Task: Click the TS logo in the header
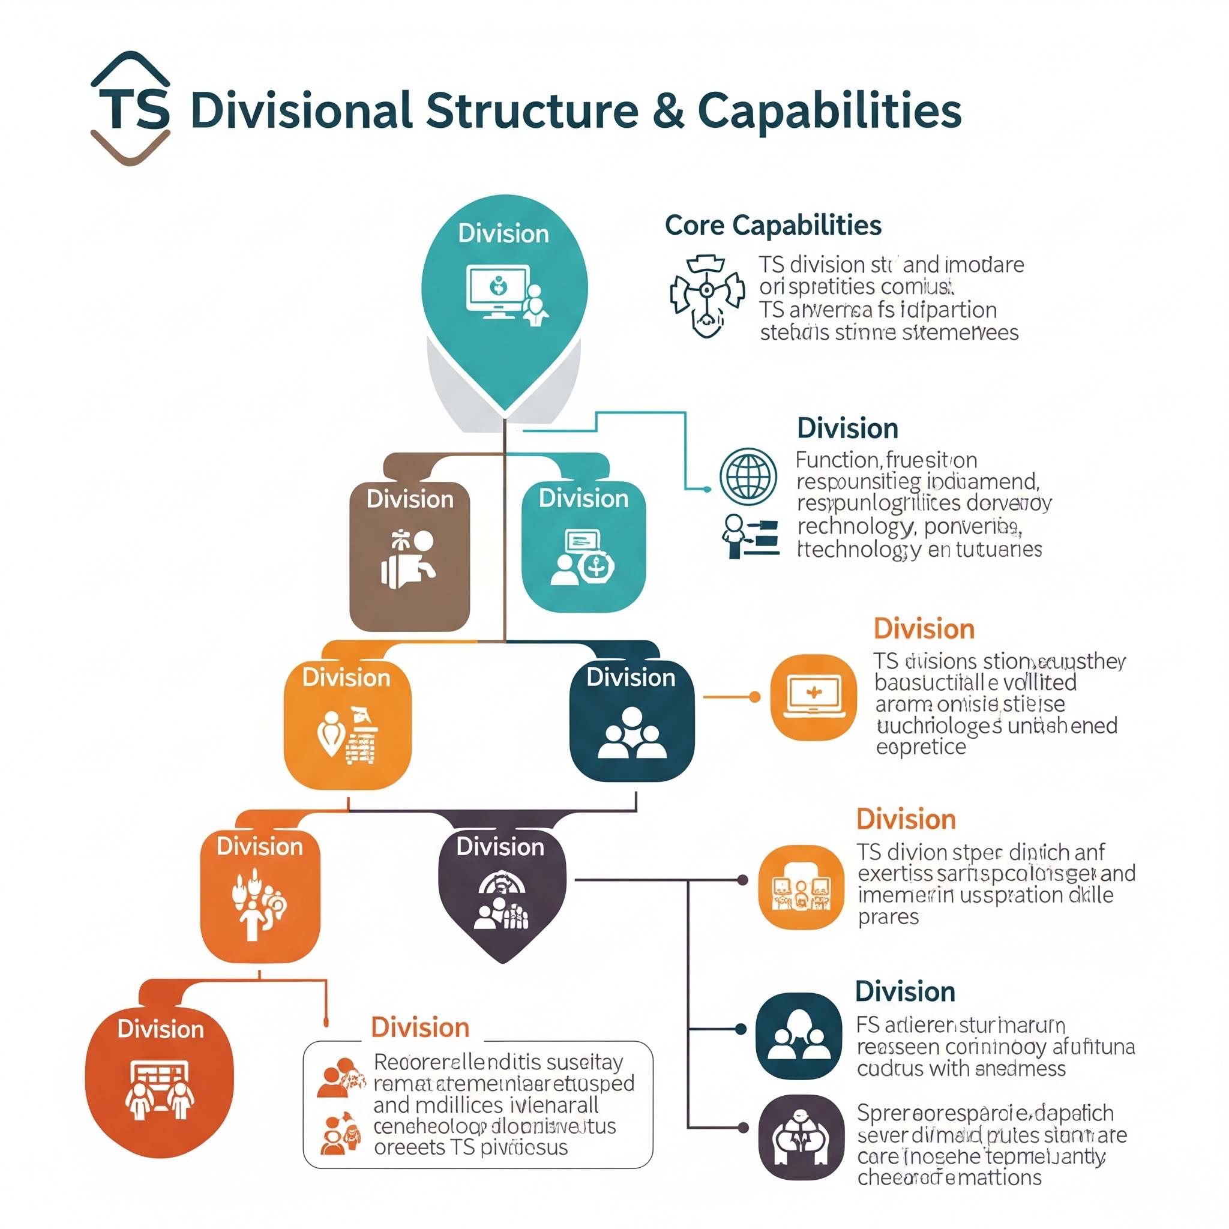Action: point(131,109)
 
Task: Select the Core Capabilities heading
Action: point(773,225)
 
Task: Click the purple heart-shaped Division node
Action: point(502,891)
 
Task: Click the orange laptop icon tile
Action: point(814,697)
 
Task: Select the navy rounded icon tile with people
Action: point(798,1036)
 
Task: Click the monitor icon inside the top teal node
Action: point(497,290)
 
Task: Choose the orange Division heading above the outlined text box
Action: point(420,1027)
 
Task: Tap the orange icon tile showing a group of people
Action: point(801,887)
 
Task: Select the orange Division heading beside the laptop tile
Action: point(924,628)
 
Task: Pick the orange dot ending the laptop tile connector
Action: point(755,697)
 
